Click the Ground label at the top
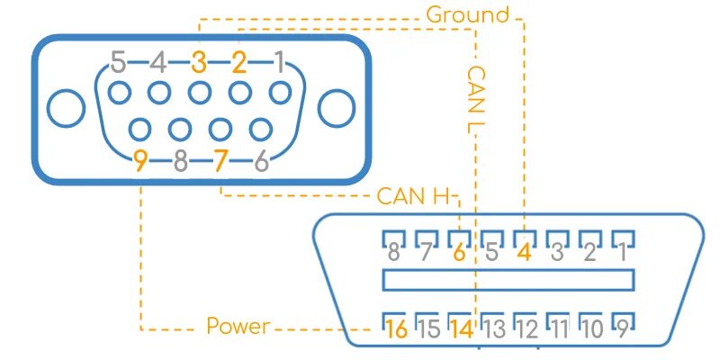pos(467,15)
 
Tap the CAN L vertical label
pos(475,100)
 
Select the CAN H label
pos(415,195)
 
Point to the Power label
pos(238,326)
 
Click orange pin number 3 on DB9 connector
pos(199,63)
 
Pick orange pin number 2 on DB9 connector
pos(238,63)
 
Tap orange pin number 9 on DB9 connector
pos(140,161)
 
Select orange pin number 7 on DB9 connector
pos(221,161)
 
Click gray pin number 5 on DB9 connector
pos(118,63)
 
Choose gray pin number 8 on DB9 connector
pos(181,161)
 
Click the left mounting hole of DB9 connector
pos(65,109)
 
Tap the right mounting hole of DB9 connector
pos(337,109)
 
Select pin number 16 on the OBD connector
pos(395,328)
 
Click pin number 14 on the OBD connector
pos(461,328)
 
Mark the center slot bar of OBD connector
pos(508,280)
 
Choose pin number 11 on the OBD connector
pos(558,328)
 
